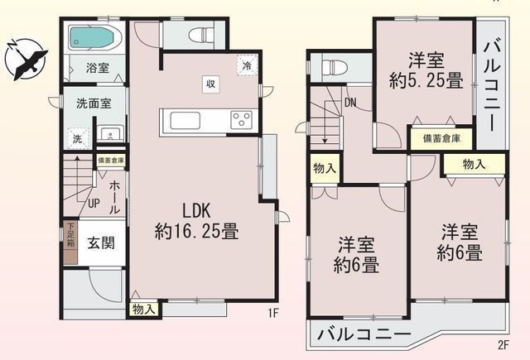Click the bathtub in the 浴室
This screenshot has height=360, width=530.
tap(94, 36)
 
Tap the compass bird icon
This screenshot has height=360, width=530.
tap(26, 58)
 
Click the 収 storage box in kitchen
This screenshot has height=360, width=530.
tap(212, 82)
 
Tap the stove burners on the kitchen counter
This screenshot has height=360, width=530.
tap(242, 120)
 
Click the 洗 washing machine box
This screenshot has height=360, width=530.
tap(77, 138)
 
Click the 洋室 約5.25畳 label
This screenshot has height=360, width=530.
tap(425, 70)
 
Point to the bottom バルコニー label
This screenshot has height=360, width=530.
tap(364, 336)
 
